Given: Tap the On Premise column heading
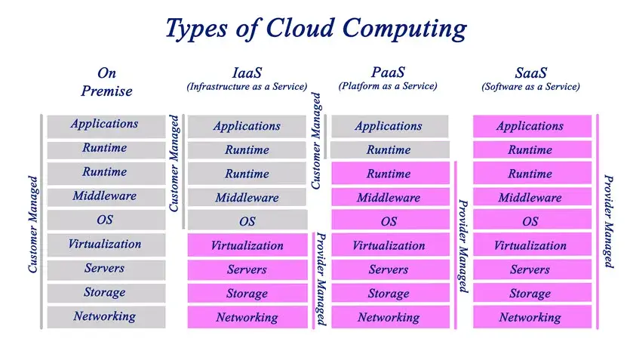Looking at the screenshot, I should tap(106, 82).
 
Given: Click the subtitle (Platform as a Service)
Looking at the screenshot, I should tap(388, 86).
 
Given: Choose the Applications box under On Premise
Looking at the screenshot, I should tap(105, 125).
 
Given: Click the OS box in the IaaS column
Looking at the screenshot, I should tap(247, 221).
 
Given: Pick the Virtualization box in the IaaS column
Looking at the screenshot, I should tap(247, 245).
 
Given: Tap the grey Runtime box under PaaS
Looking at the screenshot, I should tap(389, 149).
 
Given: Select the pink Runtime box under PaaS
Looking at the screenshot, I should tap(389, 174).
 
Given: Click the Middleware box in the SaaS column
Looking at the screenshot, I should tap(530, 198).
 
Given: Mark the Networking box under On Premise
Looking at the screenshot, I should tap(105, 317).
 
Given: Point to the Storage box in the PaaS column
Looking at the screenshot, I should tap(389, 294).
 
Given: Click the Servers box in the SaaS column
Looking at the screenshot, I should tap(530, 269).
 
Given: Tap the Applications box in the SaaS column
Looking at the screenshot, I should tap(530, 126).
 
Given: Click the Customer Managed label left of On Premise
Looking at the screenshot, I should tap(32, 224).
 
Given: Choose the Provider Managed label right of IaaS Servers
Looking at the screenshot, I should tap(320, 278).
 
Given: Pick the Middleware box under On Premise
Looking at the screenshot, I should tap(105, 196).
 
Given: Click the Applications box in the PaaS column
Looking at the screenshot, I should tap(389, 126).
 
